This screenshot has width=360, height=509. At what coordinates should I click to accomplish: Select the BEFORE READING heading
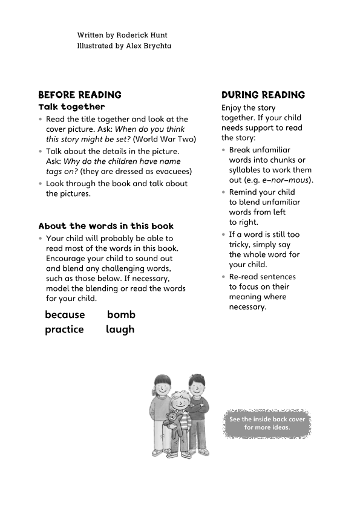pos(80,95)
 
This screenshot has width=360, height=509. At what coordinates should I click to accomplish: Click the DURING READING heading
pos(263,95)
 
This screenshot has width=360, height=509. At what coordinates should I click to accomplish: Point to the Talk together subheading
pos(71,107)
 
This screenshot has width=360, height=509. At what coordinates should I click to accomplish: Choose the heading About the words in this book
pos(106,226)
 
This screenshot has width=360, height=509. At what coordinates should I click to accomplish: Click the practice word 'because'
pos(65,314)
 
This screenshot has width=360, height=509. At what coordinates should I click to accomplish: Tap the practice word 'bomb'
pos(121,314)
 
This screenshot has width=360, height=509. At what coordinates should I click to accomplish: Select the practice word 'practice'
pos(64,329)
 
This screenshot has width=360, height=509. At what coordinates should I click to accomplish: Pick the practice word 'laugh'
pos(120,329)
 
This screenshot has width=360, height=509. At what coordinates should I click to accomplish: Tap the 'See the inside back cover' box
pos(267,423)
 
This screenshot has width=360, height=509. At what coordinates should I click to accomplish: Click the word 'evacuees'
pos(171,171)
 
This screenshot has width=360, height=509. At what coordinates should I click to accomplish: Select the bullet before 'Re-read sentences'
pos(223,277)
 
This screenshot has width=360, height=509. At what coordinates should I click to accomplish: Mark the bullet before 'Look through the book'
pos(41,184)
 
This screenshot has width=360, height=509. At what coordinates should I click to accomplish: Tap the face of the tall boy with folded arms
pos(196,385)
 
